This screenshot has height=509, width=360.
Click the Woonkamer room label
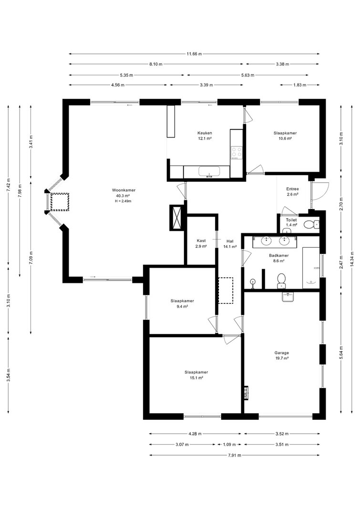123,190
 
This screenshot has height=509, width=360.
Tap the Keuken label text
205,133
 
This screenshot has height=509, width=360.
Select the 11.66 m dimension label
194,54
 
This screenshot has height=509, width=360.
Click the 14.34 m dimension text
352,260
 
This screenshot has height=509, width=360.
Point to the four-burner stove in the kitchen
236,152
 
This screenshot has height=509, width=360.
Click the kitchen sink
209,172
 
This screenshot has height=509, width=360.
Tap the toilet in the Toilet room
312,224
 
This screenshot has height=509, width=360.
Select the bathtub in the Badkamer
311,268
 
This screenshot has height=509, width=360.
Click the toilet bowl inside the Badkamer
281,281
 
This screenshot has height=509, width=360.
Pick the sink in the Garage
288,297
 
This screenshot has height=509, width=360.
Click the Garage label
281,353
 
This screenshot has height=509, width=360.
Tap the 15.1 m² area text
196,378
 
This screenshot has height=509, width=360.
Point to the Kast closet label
201,241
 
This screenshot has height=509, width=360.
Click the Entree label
292,189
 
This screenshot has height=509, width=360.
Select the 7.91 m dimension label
235,455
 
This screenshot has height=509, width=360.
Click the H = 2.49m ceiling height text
123,201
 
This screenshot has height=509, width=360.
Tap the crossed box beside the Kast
177,218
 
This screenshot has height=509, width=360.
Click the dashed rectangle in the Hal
226,291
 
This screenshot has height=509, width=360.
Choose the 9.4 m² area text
182,306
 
